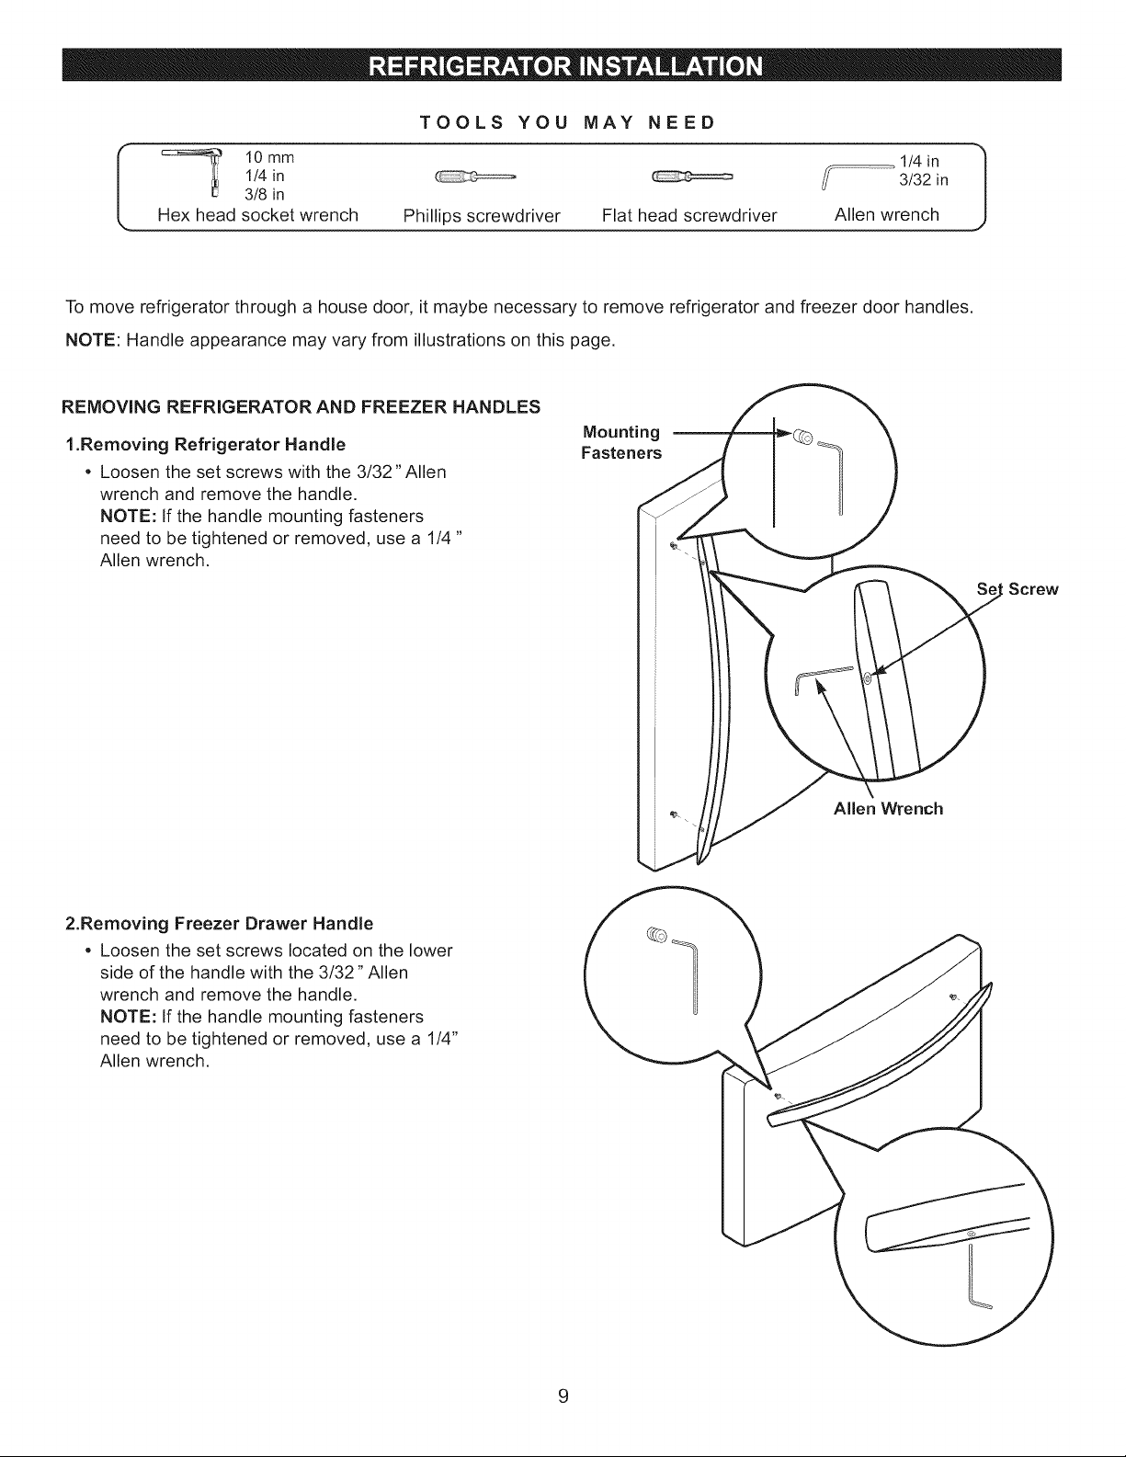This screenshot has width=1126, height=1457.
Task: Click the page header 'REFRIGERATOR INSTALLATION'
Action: [566, 66]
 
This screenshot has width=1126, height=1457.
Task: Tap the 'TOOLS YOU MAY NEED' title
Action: [568, 122]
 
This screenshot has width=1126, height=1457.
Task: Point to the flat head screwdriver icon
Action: [692, 177]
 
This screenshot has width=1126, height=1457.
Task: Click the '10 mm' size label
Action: [269, 157]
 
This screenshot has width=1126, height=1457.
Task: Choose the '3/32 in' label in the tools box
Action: [924, 179]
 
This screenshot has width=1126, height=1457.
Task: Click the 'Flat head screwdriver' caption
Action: [689, 215]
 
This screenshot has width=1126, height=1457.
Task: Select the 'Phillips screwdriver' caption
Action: [482, 216]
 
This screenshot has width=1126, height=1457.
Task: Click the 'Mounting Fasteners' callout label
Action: [621, 442]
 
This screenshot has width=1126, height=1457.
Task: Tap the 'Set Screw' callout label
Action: [1018, 589]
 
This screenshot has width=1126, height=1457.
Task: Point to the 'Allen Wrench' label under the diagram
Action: [888, 809]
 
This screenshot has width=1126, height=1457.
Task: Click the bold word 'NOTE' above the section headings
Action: [90, 340]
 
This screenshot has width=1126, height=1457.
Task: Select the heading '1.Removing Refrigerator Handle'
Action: [206, 445]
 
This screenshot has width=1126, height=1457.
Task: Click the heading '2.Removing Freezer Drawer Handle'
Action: [219, 923]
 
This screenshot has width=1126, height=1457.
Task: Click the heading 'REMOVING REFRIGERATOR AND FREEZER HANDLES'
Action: [301, 407]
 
